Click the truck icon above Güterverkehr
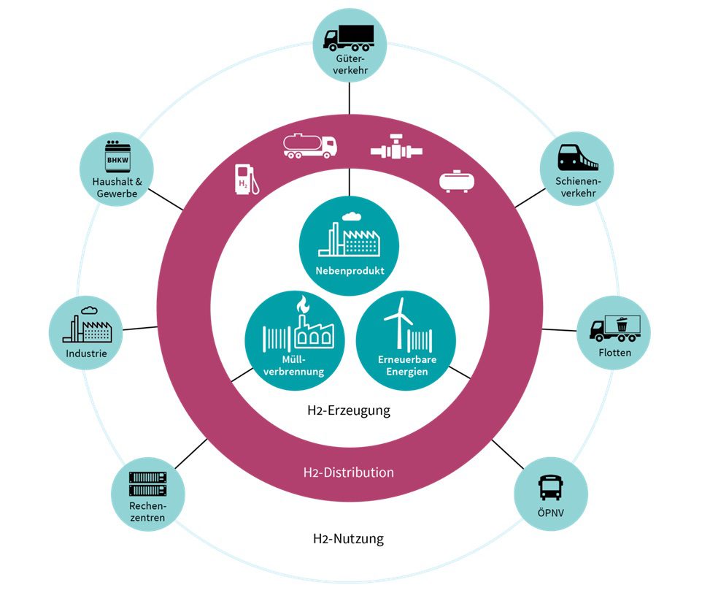tap(349, 37)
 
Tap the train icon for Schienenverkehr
tap(577, 157)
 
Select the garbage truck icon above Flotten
tap(615, 328)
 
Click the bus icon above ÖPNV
tap(551, 487)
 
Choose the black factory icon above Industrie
tap(87, 324)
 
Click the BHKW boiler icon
tap(117, 156)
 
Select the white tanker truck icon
tap(309, 145)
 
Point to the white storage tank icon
tap(457, 181)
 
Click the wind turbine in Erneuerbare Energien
tap(398, 323)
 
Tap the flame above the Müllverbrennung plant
tap(303, 304)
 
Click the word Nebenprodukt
tap(350, 271)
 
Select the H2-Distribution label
tap(349, 473)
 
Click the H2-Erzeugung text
tap(349, 410)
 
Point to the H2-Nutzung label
tap(348, 539)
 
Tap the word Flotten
tap(615, 353)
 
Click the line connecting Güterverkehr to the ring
tap(349, 99)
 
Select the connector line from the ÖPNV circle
tap(508, 454)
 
